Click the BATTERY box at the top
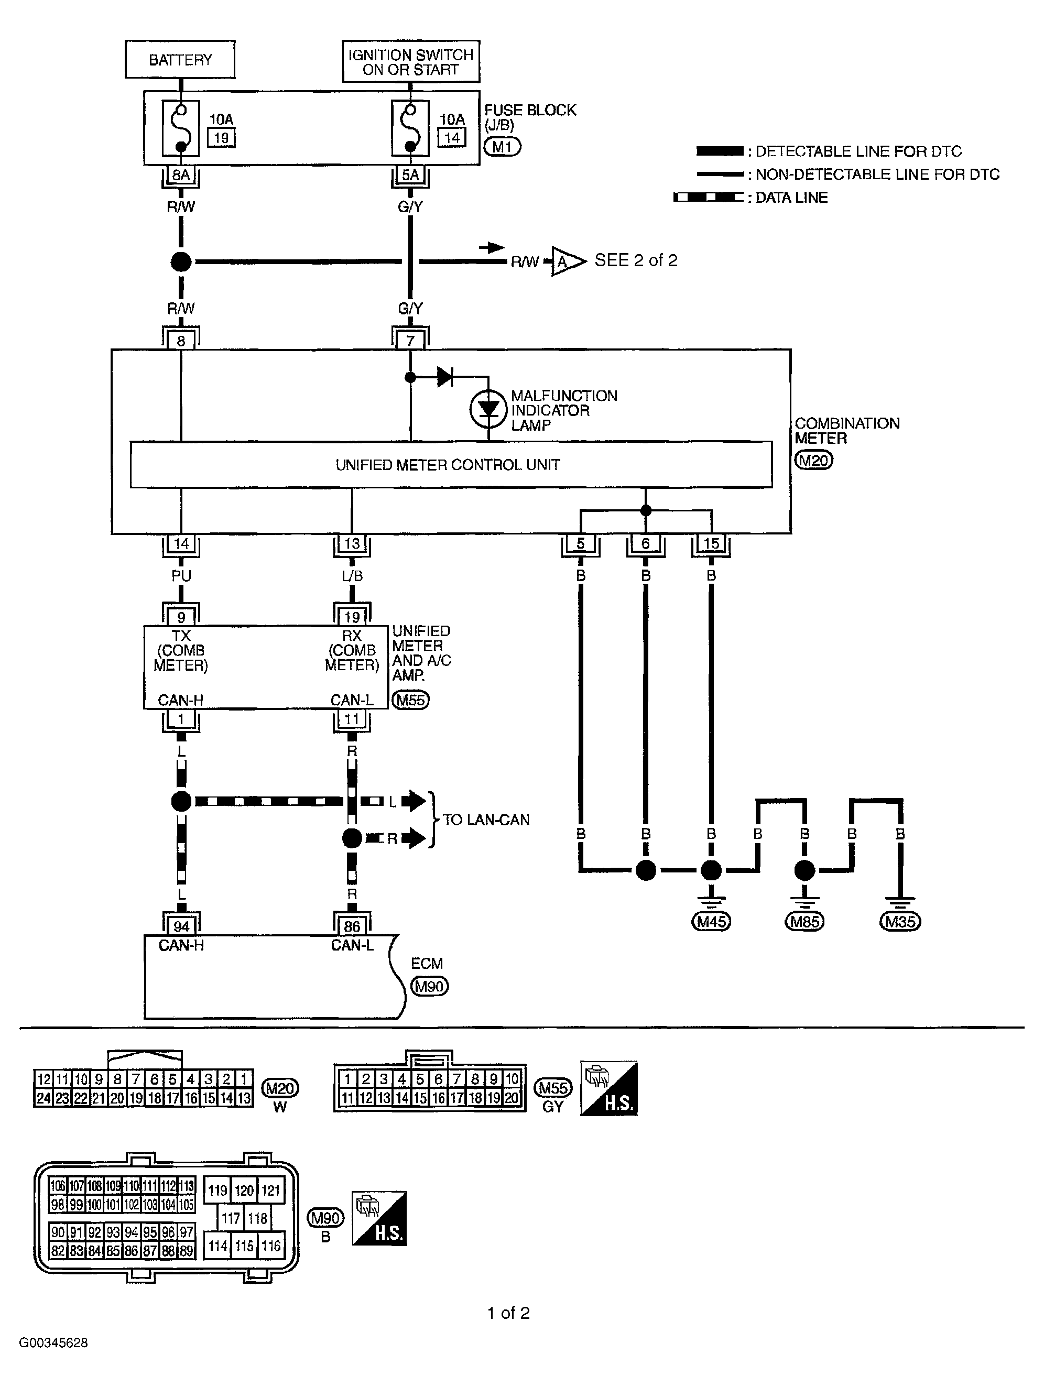[x=180, y=60]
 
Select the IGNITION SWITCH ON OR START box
[x=411, y=62]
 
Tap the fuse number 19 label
[x=221, y=137]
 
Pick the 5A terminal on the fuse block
[x=410, y=175]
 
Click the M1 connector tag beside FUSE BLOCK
[x=502, y=147]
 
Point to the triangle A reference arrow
[x=564, y=261]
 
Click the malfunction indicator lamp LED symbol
[x=488, y=409]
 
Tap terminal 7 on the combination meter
[x=410, y=341]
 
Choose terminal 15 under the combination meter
[x=711, y=543]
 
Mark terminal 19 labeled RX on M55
[x=352, y=617]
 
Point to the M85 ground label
[x=804, y=922]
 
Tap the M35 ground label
[x=900, y=922]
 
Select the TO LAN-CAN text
[x=486, y=820]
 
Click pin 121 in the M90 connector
[x=271, y=1190]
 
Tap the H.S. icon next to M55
[x=608, y=1088]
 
